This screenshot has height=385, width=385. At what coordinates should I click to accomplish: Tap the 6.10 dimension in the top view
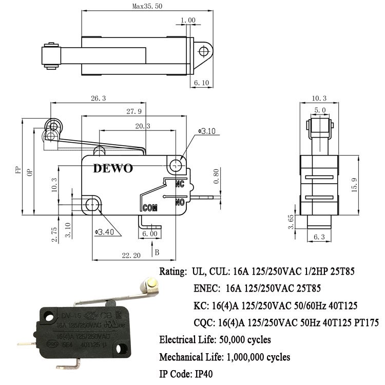(x=201, y=82)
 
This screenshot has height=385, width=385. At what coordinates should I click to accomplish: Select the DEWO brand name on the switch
(x=113, y=169)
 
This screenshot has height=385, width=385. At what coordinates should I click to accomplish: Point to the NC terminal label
(x=180, y=183)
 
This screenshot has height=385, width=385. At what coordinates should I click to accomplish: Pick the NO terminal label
(x=180, y=202)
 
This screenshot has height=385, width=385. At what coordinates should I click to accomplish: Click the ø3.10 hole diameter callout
(x=208, y=132)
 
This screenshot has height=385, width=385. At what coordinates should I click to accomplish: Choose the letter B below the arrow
(x=157, y=252)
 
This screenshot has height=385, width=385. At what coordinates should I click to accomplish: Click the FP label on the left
(x=16, y=170)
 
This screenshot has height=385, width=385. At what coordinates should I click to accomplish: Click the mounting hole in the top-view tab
(x=204, y=50)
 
